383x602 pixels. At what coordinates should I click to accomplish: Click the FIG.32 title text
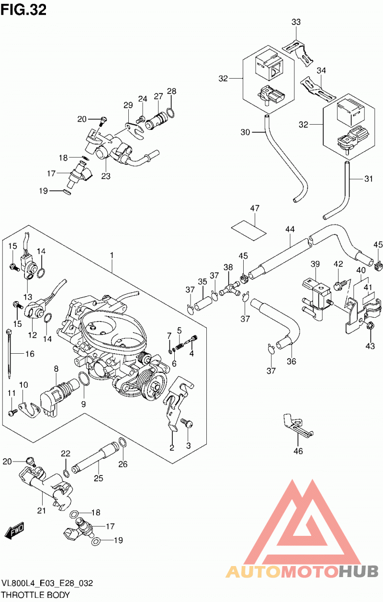click(x=23, y=10)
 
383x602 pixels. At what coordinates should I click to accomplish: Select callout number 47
click(x=255, y=208)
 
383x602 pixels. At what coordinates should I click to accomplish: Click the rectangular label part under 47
click(x=249, y=230)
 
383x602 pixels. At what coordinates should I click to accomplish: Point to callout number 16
click(x=30, y=354)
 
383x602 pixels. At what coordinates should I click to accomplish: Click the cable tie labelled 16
click(x=9, y=353)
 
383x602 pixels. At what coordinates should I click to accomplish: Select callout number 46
click(x=298, y=451)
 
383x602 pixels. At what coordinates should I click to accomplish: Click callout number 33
click(x=296, y=22)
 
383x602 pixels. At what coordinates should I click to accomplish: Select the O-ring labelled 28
click(x=170, y=112)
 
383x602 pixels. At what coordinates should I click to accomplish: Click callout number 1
click(x=112, y=255)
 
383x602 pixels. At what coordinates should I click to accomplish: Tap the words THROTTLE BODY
click(x=36, y=595)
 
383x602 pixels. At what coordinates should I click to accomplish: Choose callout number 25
click(x=99, y=478)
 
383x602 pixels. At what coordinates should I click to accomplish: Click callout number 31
click(x=369, y=179)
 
